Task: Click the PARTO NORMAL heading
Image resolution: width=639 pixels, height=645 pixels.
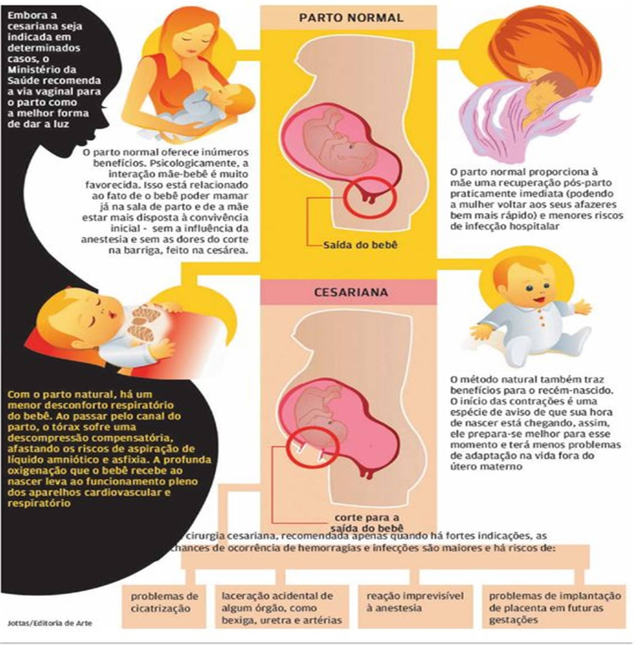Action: pos(351,18)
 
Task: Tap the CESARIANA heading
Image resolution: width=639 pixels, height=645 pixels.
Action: pos(351,292)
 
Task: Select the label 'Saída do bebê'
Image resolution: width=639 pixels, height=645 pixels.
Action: pos(360,245)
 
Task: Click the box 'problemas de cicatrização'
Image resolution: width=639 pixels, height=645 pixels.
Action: pos(164,602)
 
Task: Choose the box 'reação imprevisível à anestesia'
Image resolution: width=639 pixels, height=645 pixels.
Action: pos(415,602)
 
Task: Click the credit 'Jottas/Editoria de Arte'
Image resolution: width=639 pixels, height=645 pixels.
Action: pos(50,623)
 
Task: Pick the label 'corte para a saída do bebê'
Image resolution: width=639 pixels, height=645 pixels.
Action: pos(367,522)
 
